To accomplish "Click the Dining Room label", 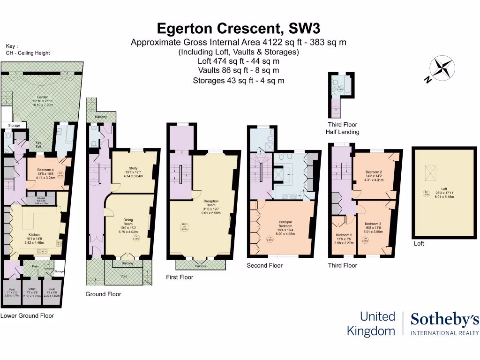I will pyautogui.click(x=128, y=222).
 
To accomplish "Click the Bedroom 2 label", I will pyautogui.click(x=374, y=172).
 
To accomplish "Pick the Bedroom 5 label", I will pyautogui.click(x=344, y=235).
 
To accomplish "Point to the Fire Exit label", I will pyautogui.click(x=39, y=145).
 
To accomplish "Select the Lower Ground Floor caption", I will pyautogui.click(x=27, y=315).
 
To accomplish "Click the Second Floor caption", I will pyautogui.click(x=265, y=265).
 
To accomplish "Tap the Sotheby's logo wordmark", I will pyautogui.click(x=444, y=320).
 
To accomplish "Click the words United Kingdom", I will pyautogui.click(x=371, y=323).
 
